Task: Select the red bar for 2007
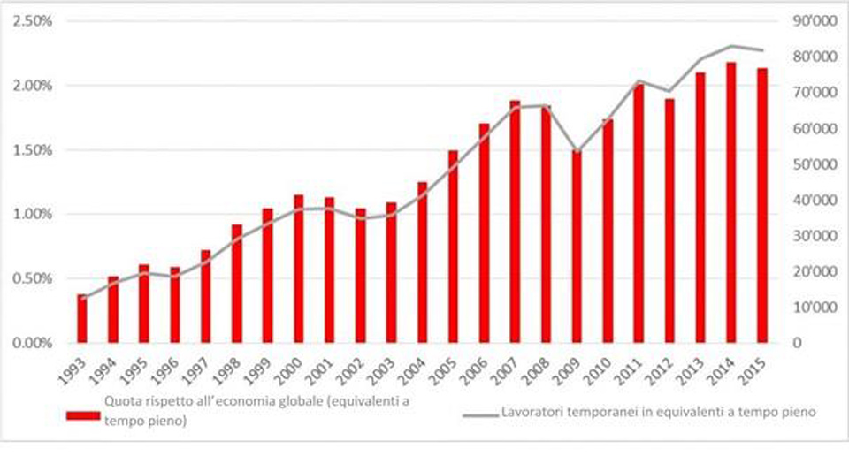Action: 515,221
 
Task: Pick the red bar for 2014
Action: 731,202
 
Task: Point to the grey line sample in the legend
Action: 478,412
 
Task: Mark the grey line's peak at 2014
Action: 731,46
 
